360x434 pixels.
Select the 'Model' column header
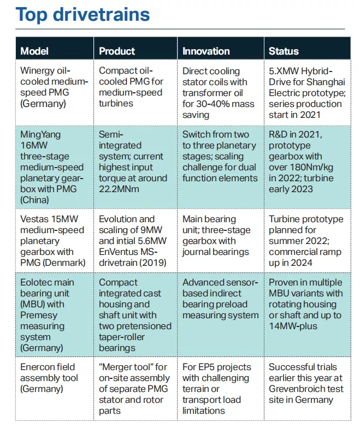pos(34,51)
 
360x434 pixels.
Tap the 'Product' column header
pos(117,51)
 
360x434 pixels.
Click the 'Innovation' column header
pos(206,51)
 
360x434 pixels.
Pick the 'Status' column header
pos(284,51)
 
